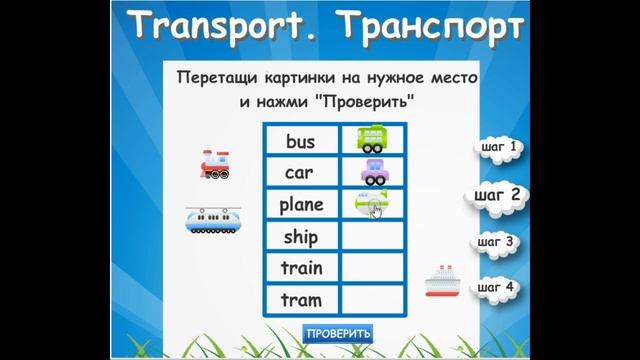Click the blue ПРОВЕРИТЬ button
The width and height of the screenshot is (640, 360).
pos(338,333)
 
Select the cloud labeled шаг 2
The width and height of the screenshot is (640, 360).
pos(497,194)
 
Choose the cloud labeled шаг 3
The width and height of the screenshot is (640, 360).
pos(496,242)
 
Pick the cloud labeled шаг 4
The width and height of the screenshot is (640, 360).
pos(496,288)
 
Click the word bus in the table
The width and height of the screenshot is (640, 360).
pos(300,142)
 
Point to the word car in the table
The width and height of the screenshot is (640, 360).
pos(299,173)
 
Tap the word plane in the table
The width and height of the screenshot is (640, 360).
pos(301,205)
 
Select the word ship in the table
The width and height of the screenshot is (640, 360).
pos(300,237)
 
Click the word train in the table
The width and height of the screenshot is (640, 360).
pos(301,268)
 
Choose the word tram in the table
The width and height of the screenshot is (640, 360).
pos(301,300)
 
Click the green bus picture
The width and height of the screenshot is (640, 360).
pos(373,139)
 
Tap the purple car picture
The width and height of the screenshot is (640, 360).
pos(373,171)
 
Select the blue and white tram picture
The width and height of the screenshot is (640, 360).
pos(214,220)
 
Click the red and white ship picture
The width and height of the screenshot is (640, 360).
pos(441,282)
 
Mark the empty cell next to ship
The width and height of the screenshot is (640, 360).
pos(372,237)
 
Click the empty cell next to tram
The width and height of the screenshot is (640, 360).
pos(372,300)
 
